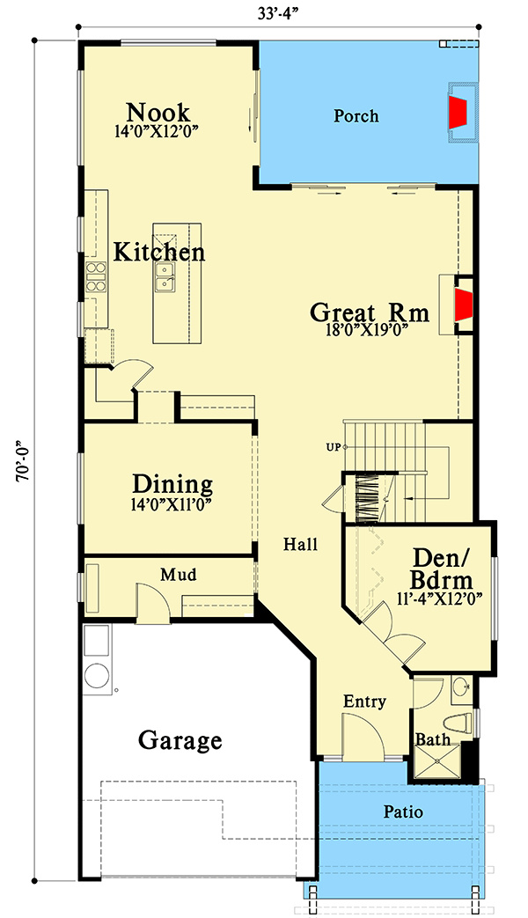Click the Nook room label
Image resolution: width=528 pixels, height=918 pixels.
tap(158, 111)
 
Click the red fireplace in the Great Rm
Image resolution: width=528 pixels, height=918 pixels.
tap(464, 305)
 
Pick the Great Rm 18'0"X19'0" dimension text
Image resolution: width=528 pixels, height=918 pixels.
tap(366, 329)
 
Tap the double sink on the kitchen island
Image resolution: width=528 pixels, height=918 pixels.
tap(164, 277)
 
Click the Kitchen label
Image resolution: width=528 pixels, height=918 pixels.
tap(159, 253)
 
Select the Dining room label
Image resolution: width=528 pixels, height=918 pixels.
tap(172, 485)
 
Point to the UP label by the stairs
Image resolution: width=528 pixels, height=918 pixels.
tap(334, 447)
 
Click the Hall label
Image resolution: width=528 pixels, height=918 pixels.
tap(301, 545)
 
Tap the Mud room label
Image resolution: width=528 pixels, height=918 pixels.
tap(179, 575)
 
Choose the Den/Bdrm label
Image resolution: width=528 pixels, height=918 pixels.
tap(442, 569)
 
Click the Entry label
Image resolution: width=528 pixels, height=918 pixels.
tap(364, 701)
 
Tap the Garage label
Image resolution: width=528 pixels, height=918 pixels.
tap(180, 740)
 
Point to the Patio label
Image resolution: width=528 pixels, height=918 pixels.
tap(403, 812)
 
